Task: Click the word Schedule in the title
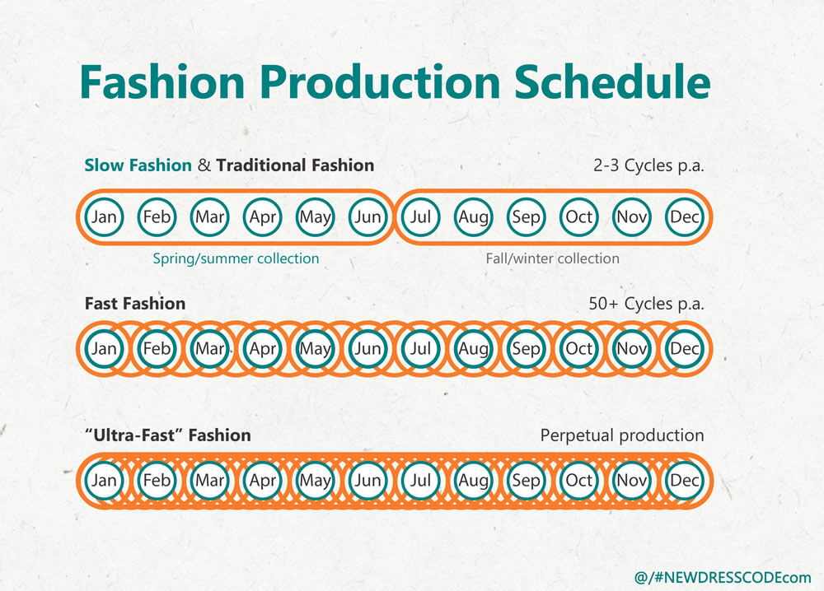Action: point(611,81)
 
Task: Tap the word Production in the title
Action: point(379,81)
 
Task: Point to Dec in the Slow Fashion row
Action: point(684,216)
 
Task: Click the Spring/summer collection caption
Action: point(236,258)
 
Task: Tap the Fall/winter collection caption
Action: point(552,258)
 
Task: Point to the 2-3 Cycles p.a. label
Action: point(648,165)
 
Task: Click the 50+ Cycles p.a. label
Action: point(646,304)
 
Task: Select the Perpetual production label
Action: point(621,435)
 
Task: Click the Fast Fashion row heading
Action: point(135,304)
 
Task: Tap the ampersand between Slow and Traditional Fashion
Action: point(204,165)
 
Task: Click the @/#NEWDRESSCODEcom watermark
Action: point(723,577)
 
